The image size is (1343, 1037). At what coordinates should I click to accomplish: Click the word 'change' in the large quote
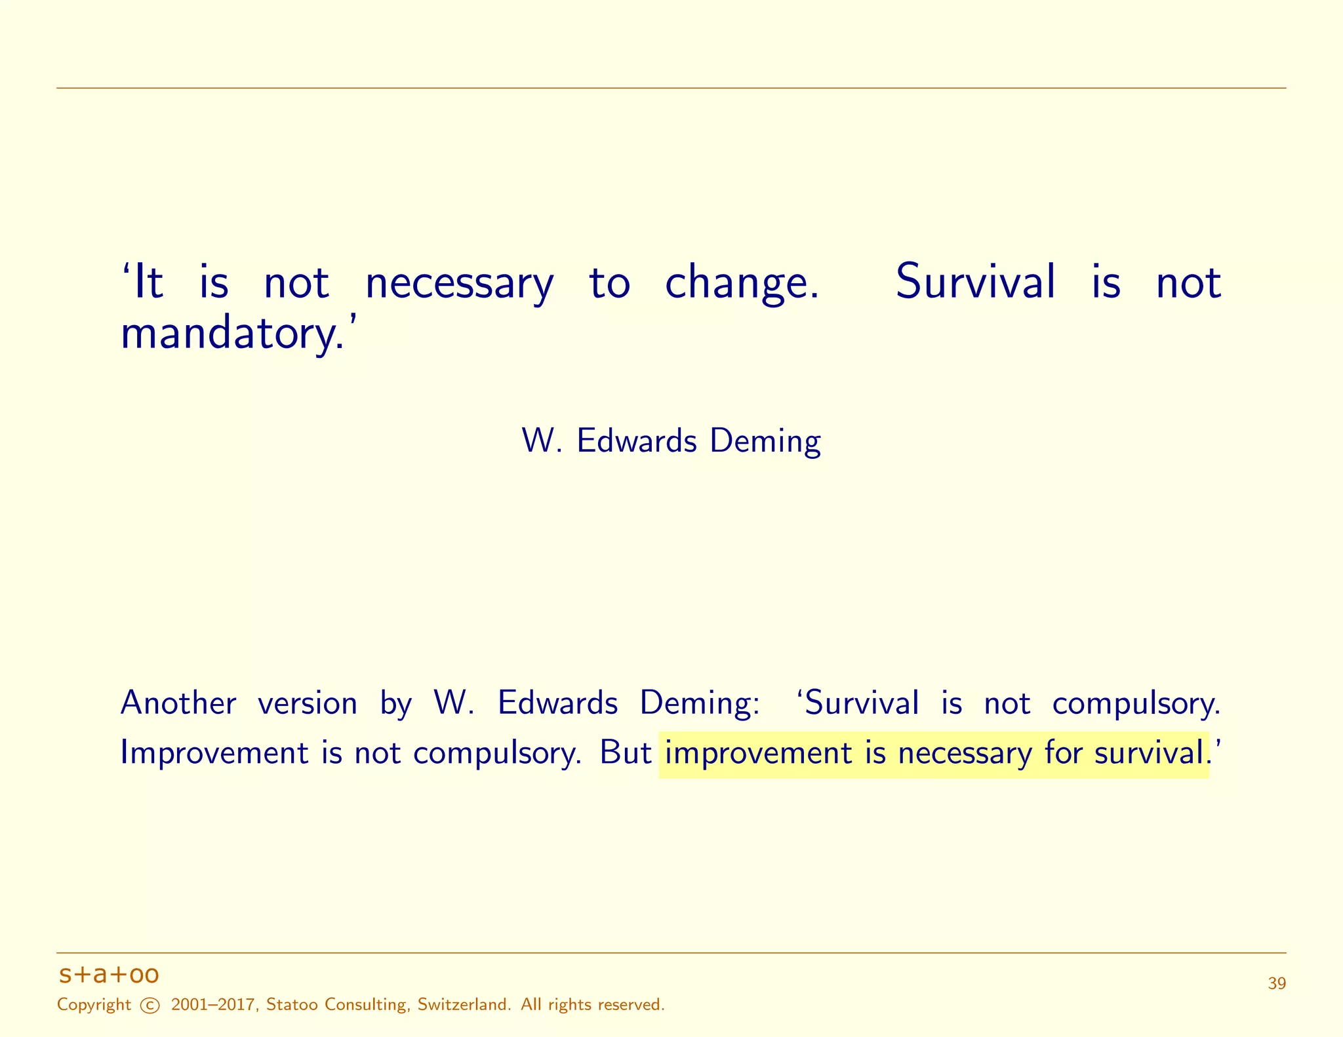pos(741,283)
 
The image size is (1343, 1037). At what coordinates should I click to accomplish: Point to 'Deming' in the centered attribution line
pos(765,440)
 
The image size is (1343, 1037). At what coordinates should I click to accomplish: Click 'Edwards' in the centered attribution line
pos(636,440)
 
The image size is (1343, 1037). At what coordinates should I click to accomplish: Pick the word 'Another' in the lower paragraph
pos(178,703)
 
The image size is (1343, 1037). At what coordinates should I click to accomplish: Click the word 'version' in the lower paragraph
pos(308,703)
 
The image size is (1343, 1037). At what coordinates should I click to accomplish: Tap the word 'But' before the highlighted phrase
pos(626,753)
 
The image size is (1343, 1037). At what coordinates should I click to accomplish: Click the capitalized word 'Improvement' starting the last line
pos(214,753)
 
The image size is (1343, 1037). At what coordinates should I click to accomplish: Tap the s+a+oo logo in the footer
pos(109,975)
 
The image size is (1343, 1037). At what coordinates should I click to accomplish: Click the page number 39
pos(1277,984)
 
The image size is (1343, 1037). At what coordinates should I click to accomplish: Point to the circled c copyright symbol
pos(150,1006)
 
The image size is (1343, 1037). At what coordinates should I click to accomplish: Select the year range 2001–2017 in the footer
pos(212,1005)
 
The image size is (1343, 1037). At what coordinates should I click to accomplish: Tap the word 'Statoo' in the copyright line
pos(292,1005)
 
